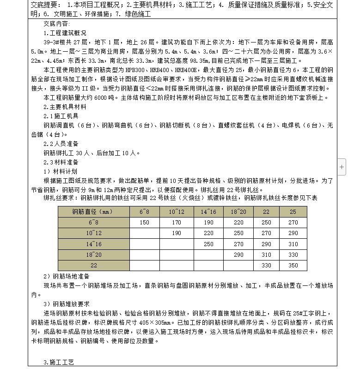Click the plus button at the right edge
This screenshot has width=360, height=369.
coord(342,167)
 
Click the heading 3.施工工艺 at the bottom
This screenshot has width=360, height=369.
coord(59,362)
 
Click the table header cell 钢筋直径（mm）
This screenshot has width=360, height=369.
coord(92,212)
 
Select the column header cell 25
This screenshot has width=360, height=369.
coord(293,212)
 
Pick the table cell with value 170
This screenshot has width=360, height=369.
coord(177,223)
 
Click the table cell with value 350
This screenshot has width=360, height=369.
coord(293,266)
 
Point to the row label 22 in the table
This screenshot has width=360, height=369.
coord(94,266)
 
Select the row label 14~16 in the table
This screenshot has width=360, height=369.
coord(93,244)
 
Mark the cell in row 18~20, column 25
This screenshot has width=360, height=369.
coord(293,255)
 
